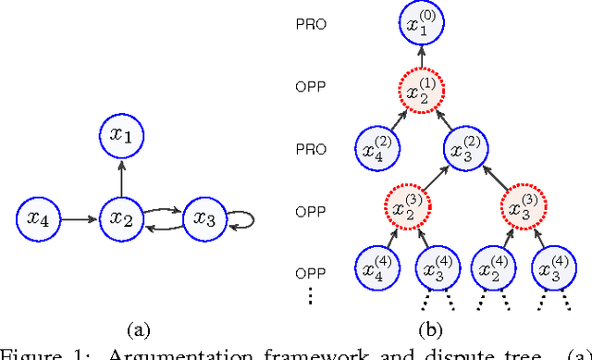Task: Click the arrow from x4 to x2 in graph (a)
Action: click(78, 219)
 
